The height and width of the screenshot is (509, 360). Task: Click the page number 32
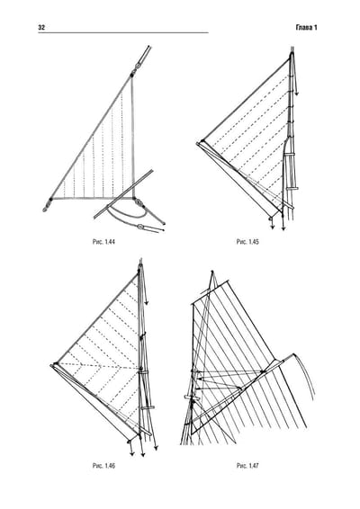point(41,28)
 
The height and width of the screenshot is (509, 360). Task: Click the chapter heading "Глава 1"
point(306,28)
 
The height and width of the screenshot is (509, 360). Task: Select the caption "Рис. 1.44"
point(104,242)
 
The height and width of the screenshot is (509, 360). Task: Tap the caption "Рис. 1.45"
point(247,242)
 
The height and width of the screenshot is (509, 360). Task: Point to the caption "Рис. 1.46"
point(104,466)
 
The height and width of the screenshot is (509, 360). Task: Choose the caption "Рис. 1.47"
point(247,466)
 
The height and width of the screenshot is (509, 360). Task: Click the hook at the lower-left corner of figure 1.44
point(46,209)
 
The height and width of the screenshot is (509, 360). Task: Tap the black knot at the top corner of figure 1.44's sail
point(132,75)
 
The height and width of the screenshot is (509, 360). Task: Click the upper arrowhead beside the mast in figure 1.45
point(297,94)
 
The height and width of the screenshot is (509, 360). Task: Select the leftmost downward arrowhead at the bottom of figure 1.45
point(273,228)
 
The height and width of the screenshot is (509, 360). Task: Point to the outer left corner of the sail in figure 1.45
point(197,143)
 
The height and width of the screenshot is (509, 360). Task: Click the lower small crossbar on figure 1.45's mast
point(292,188)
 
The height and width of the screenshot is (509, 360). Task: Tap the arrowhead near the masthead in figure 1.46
point(147,302)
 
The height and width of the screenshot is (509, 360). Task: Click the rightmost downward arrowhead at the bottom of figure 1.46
point(156,448)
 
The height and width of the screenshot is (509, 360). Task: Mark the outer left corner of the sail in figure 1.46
point(51,366)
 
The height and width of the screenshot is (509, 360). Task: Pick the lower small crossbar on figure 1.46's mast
point(148,407)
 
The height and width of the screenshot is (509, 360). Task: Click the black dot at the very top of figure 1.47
point(212,272)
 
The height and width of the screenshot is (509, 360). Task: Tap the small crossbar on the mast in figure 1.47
point(192,397)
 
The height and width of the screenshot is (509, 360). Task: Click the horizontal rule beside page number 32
point(123,32)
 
